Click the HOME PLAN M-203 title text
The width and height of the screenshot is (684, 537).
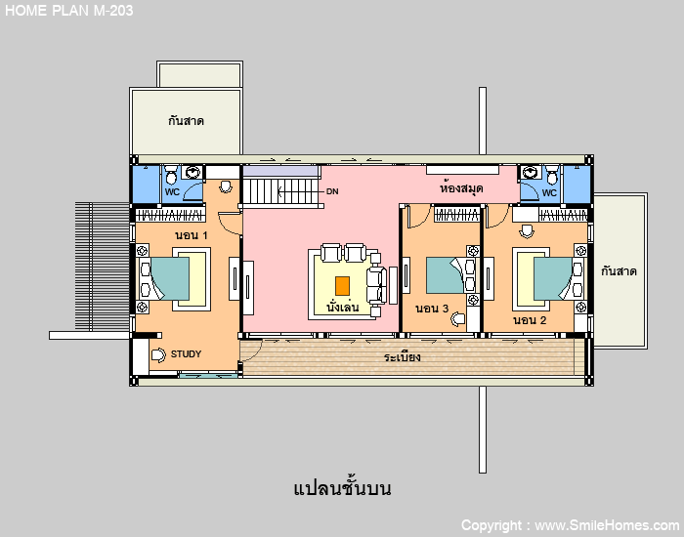tap(69, 11)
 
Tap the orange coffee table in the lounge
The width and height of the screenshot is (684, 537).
tap(342, 286)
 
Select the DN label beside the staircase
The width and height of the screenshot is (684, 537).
tap(332, 191)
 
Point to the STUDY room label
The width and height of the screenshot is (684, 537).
tap(186, 353)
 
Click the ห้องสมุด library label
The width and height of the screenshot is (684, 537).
tap(461, 187)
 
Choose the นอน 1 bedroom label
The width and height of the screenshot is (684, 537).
tap(192, 235)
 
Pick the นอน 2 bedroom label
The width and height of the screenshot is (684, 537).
tap(530, 320)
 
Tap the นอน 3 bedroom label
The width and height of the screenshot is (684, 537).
tap(432, 309)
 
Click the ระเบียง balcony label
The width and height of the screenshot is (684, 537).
tap(403, 357)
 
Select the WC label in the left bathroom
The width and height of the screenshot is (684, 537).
tap(172, 192)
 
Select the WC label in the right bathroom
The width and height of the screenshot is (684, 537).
tap(549, 192)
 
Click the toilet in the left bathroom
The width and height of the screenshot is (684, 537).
tap(171, 175)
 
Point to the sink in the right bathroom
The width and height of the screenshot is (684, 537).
tap(532, 172)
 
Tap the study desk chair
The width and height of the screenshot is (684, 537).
tap(158, 355)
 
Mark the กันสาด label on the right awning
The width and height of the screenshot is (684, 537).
tap(619, 271)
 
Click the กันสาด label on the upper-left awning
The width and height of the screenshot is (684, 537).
tap(186, 121)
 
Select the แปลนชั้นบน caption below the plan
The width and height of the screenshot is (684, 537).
tap(342, 488)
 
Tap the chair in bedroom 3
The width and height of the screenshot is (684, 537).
tap(457, 319)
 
